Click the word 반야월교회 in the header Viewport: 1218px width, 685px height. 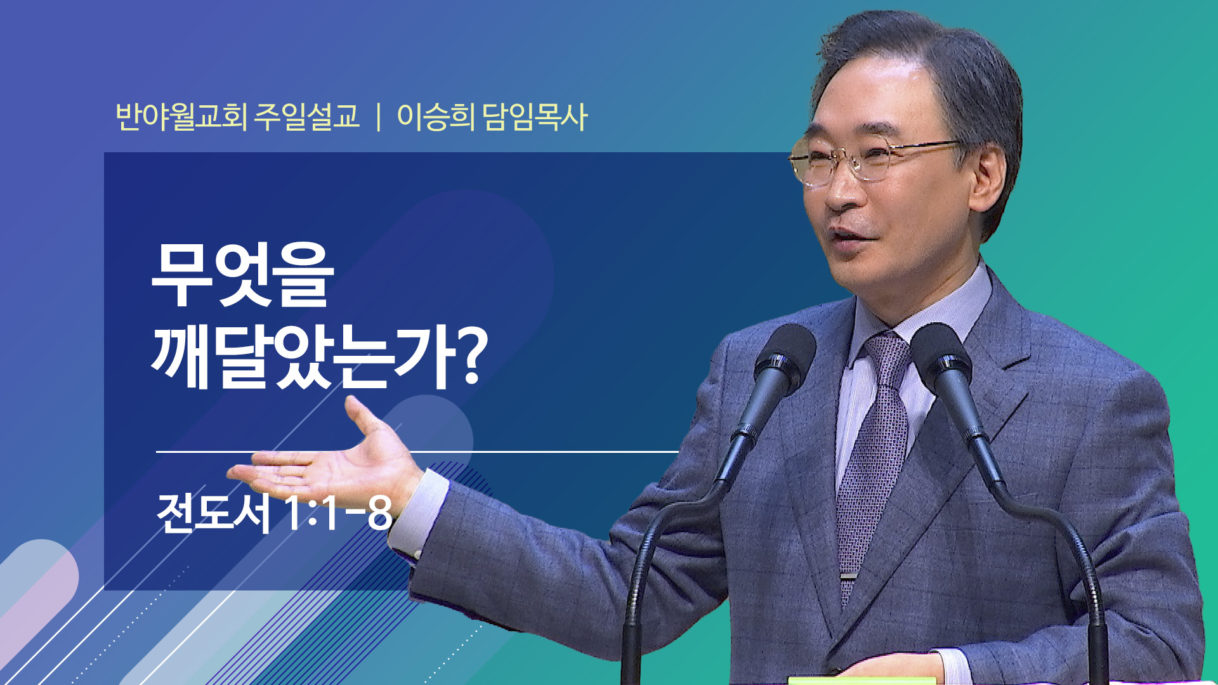pos(181,117)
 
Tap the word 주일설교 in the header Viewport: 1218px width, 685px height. pos(306,117)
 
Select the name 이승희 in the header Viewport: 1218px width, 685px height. pos(436,117)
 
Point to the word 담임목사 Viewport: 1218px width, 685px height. pos(535,117)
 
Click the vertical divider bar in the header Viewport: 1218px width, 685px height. pos(379,117)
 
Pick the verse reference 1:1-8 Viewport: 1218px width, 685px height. pos(337,512)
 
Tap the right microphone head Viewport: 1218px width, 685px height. pos(941,358)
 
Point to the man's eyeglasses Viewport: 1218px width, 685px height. pos(875,159)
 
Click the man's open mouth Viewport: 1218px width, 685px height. pos(851,235)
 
